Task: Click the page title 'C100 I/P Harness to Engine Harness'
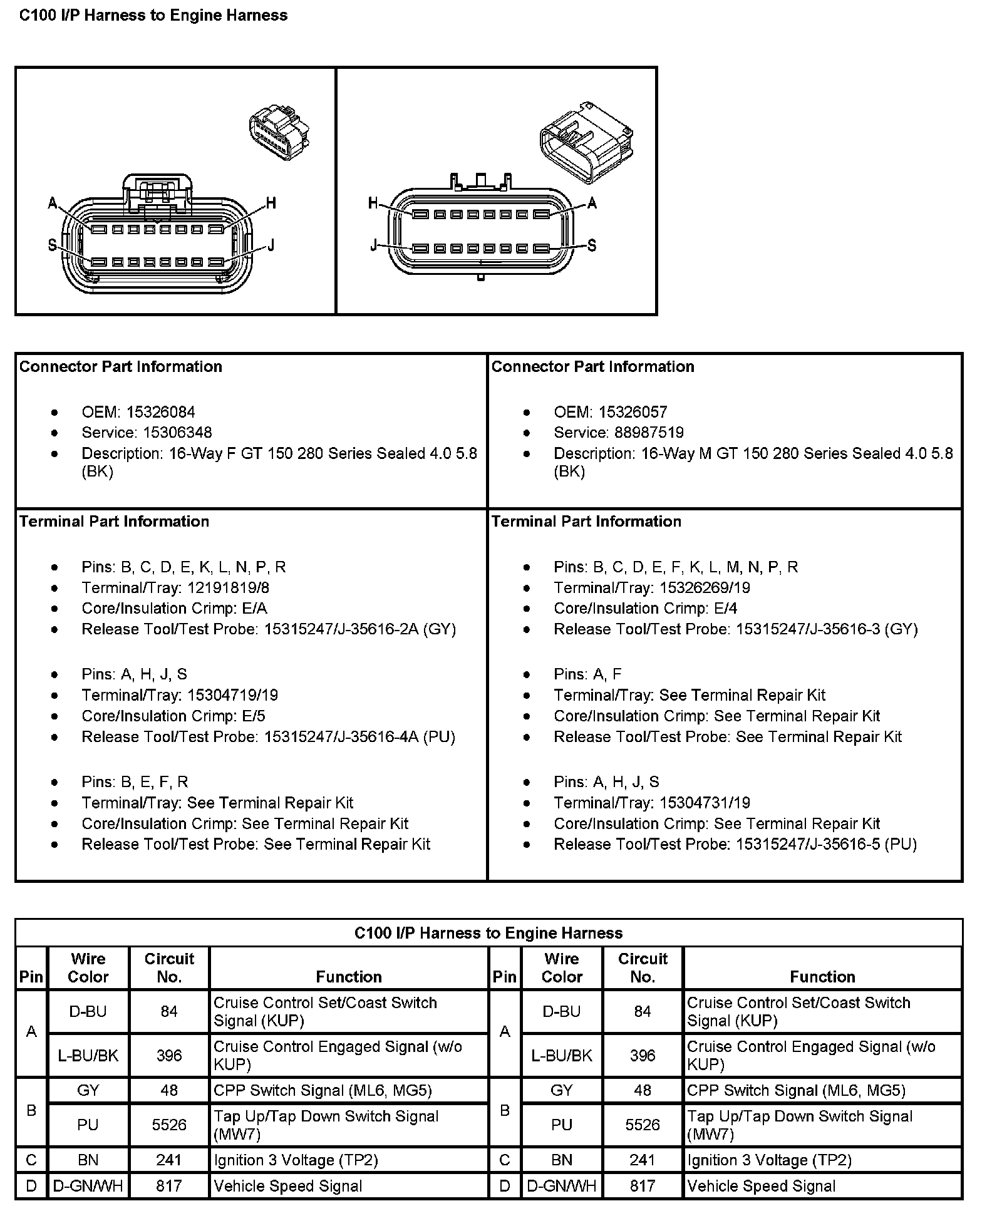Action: click(153, 16)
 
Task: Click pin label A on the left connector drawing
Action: click(53, 203)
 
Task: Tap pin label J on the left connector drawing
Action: click(271, 245)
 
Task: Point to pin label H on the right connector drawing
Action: click(373, 203)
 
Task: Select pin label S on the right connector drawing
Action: click(591, 245)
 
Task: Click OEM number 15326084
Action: click(160, 412)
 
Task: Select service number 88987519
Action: click(649, 433)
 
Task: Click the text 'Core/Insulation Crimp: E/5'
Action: click(173, 716)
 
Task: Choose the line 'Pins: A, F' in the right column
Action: click(587, 674)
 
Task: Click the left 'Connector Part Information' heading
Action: click(121, 367)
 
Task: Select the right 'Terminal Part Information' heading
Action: click(586, 522)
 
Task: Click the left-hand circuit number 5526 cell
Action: click(169, 1125)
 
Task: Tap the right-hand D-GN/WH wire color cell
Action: click(561, 1186)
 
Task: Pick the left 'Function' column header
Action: click(349, 977)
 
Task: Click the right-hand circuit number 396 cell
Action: click(643, 1055)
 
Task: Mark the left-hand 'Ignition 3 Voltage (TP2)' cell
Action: click(296, 1160)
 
